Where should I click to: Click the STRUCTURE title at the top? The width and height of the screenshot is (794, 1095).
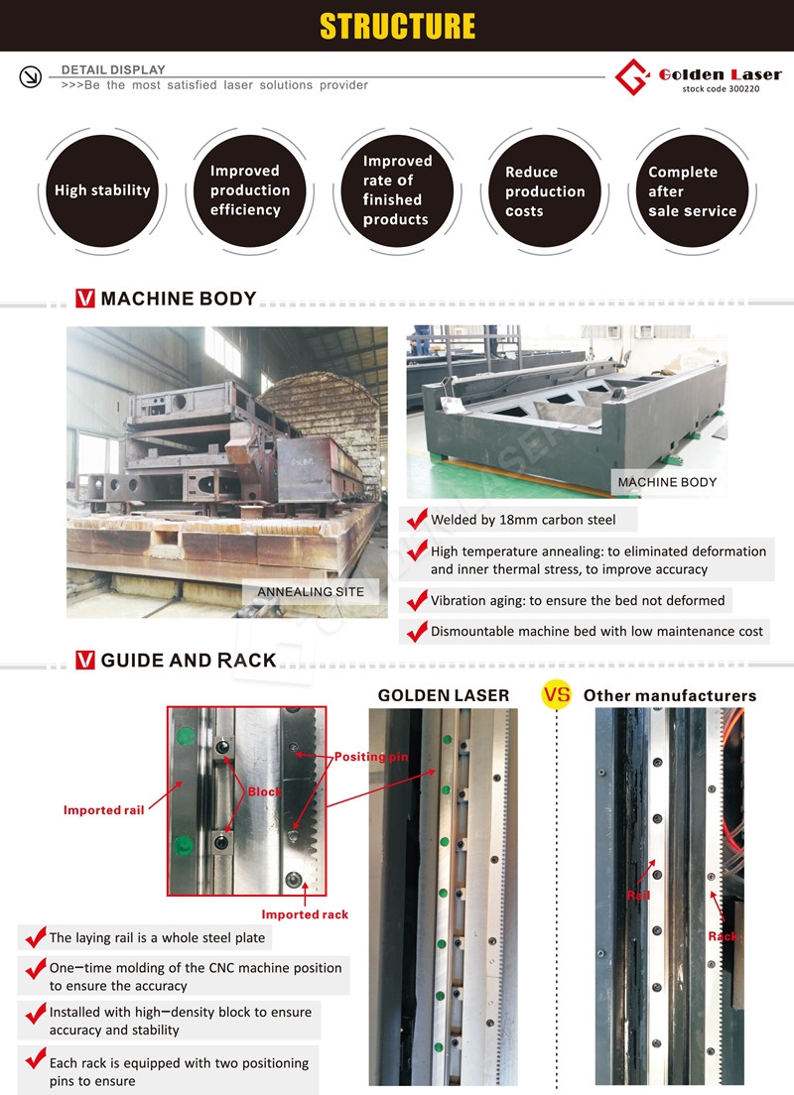click(x=397, y=26)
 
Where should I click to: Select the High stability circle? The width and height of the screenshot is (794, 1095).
click(x=102, y=190)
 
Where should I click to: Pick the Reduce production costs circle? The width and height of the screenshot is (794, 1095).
click(x=545, y=190)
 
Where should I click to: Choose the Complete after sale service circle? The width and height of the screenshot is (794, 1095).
click(x=692, y=190)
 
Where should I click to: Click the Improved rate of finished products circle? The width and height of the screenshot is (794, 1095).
click(x=397, y=190)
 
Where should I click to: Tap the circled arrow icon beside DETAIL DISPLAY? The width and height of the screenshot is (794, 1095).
click(x=30, y=77)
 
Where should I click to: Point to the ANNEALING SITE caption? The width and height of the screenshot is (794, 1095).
click(x=311, y=592)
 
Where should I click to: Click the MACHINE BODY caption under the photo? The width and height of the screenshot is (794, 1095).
click(x=667, y=482)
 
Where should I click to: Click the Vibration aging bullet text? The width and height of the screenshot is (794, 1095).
click(x=578, y=600)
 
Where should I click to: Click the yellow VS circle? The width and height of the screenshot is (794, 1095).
click(x=556, y=695)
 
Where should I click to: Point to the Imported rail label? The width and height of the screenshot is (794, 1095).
click(x=104, y=810)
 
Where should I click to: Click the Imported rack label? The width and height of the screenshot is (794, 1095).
click(x=305, y=913)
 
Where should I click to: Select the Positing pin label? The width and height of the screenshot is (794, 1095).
click(x=370, y=757)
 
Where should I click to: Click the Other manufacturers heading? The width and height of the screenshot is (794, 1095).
click(x=669, y=695)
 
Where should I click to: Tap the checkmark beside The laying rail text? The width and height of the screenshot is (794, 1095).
click(x=35, y=936)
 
